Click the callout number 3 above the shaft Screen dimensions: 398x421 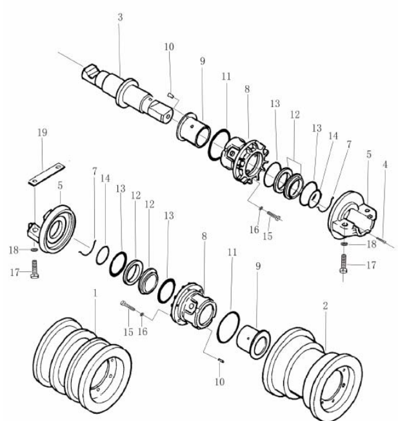(x=120, y=17)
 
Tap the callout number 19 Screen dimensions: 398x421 (x=43, y=132)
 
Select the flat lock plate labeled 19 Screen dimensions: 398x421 (x=46, y=174)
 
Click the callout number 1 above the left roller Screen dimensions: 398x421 (x=95, y=293)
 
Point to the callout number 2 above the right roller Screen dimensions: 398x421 (x=325, y=306)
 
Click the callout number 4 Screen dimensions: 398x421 (x=385, y=165)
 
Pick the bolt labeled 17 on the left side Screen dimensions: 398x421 (x=34, y=269)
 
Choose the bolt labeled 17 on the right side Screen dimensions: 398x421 (x=344, y=263)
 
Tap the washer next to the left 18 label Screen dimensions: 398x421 (x=34, y=250)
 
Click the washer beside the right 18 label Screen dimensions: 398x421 (x=344, y=244)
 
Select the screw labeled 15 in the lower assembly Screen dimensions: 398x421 (x=128, y=306)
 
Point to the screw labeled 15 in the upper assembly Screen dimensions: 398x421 (x=274, y=215)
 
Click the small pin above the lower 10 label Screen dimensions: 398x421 (x=221, y=360)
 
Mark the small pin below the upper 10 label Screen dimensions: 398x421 (x=171, y=96)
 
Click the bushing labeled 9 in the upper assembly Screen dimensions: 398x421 (x=194, y=130)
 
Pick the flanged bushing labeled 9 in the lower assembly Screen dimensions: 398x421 (x=254, y=342)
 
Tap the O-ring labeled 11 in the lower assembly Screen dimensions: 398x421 (x=228, y=327)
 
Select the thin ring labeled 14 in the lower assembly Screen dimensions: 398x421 (x=103, y=255)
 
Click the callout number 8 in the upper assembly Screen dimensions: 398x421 (x=247, y=89)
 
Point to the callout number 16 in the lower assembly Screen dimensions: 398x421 (x=143, y=332)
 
